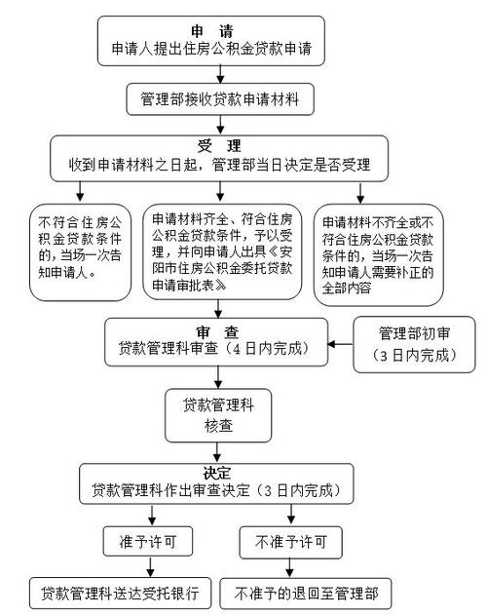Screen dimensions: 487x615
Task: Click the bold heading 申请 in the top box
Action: point(212,31)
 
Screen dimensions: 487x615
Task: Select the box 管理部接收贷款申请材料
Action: point(220,99)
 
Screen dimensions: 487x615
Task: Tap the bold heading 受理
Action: point(219,146)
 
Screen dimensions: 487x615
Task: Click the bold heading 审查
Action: point(217,332)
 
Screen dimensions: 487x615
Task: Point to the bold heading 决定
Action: point(217,474)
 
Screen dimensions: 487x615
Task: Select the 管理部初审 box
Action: point(414,344)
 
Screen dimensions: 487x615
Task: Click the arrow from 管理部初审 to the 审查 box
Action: point(340,344)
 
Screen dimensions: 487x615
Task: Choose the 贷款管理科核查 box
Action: point(218,415)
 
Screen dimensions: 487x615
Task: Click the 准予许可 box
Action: point(148,541)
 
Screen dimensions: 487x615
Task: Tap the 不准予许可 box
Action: point(290,543)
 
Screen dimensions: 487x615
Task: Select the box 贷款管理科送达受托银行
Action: point(121,593)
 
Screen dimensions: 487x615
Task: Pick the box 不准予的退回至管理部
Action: point(306,594)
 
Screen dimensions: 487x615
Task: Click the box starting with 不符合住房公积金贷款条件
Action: point(80,252)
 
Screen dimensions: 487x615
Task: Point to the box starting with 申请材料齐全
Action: point(222,251)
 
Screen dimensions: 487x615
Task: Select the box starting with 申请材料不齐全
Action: point(378,254)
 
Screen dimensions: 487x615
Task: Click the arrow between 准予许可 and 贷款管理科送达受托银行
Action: point(150,567)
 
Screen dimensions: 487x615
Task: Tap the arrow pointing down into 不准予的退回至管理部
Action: point(289,568)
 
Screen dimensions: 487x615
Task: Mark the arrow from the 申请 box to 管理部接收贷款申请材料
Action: point(220,74)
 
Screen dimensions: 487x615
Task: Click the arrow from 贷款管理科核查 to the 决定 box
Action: point(217,452)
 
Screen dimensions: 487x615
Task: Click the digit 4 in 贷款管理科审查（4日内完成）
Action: point(236,349)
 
